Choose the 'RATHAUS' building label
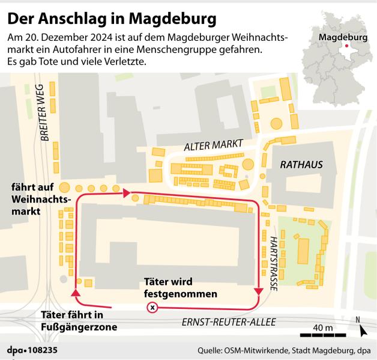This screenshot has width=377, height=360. point(301,164)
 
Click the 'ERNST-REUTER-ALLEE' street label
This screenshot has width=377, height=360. point(229,323)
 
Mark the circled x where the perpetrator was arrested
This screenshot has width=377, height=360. point(152,308)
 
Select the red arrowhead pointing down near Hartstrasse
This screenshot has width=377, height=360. point(259,292)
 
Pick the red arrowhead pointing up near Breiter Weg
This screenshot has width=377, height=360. point(76,293)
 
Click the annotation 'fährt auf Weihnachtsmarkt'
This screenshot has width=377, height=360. point(38,199)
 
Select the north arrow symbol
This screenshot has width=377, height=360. point(363,330)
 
